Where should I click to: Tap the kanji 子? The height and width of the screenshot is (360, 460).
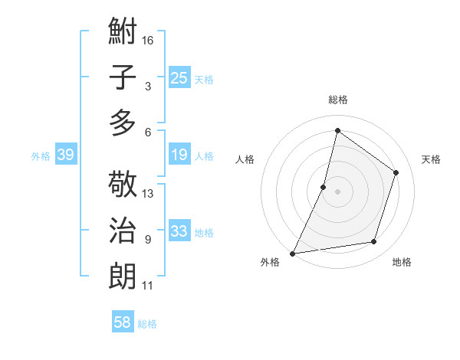pos(123,77)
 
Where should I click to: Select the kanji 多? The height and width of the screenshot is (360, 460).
pos(123,122)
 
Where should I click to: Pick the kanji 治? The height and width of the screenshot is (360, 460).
pos(123,230)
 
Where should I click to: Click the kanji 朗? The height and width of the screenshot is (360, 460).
pos(123,275)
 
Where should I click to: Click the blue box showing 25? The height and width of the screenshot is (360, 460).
pos(179,77)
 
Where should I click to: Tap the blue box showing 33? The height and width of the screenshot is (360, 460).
pos(179,231)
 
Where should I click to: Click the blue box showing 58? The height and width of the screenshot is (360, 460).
pos(122,322)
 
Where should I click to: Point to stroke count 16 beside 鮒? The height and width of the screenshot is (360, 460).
pos(149,40)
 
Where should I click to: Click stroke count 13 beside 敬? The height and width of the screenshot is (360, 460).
pos(149,193)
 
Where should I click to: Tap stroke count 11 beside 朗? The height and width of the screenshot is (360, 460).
pos(148,286)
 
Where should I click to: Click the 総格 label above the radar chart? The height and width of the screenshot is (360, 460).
pos(337,100)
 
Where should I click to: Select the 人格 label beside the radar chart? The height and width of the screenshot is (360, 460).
pos(245,159)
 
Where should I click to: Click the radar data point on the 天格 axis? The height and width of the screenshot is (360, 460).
pos(396,172)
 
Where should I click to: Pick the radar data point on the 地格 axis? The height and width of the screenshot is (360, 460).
pos(374,242)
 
